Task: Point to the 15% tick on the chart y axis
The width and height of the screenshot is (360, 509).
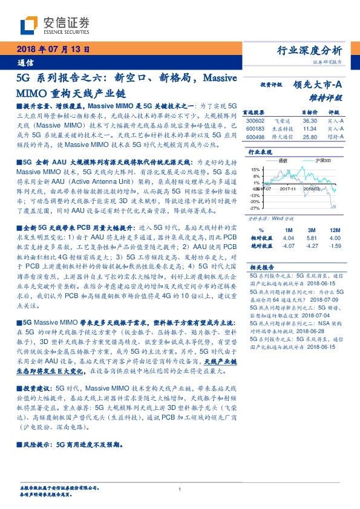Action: click(255, 169)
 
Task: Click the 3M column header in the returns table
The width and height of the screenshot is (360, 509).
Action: click(312, 231)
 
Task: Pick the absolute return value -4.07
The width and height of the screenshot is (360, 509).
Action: click(288, 245)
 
